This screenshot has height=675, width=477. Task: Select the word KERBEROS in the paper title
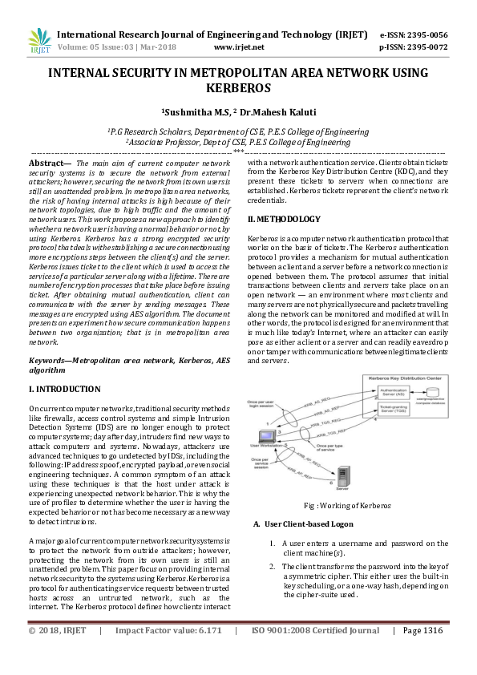[238, 87]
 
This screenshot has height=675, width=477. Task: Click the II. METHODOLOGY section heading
[284, 219]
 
